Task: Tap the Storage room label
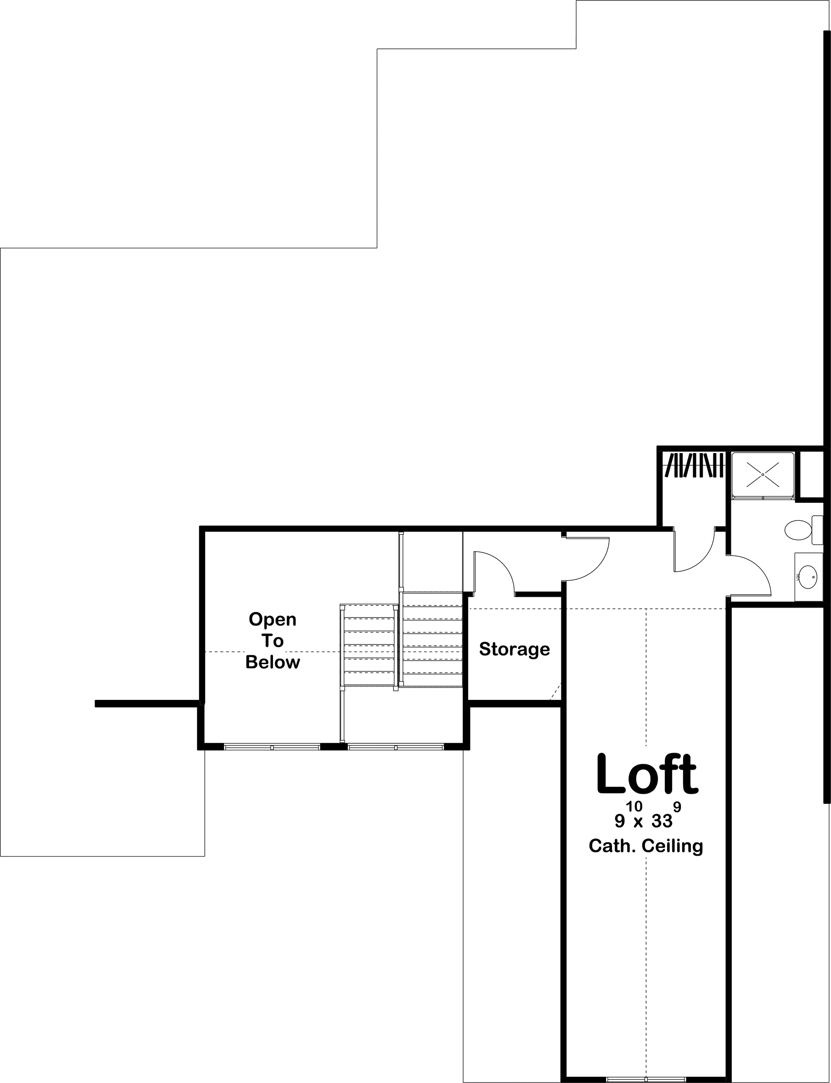click(x=514, y=649)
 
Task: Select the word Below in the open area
click(x=273, y=662)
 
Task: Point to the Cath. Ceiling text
click(x=646, y=846)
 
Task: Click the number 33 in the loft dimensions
click(x=662, y=821)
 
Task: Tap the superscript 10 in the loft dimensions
click(x=634, y=807)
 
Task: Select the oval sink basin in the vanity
click(x=808, y=577)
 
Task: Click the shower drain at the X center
click(x=763, y=475)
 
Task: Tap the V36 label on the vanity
click(x=798, y=577)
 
